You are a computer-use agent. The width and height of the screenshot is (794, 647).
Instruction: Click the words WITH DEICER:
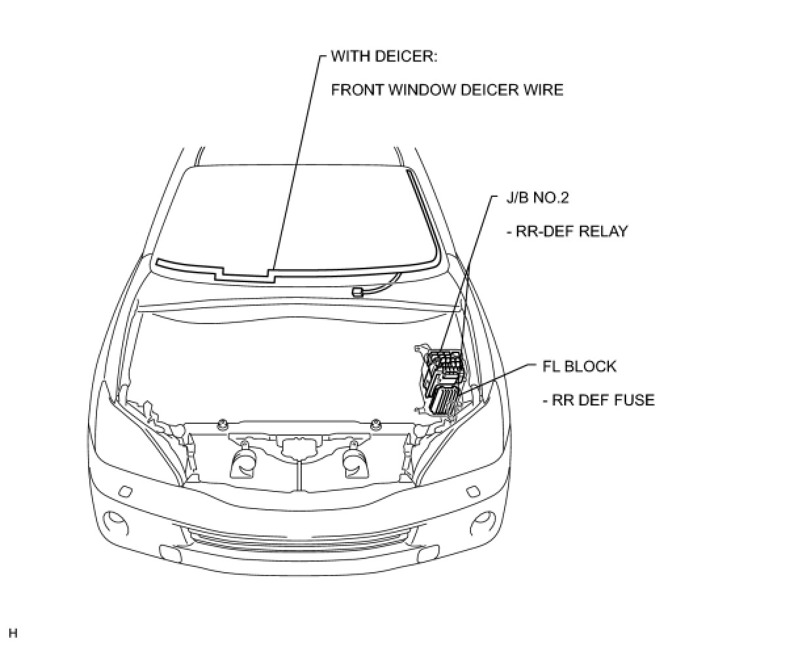384,56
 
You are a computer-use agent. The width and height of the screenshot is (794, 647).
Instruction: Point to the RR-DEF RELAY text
566,231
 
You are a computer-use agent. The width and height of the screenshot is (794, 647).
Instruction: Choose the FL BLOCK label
579,366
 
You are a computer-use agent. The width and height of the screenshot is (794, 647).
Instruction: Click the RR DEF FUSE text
598,400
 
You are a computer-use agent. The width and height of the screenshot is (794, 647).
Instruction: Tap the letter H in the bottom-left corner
13,633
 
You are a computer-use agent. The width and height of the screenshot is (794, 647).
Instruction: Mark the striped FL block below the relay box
444,398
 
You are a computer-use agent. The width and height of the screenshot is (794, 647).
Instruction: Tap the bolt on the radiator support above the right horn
375,422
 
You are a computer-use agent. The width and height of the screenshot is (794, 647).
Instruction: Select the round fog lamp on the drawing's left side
119,522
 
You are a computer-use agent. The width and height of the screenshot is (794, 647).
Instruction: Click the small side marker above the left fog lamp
125,491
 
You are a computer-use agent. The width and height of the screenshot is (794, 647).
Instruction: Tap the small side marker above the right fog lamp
472,491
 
